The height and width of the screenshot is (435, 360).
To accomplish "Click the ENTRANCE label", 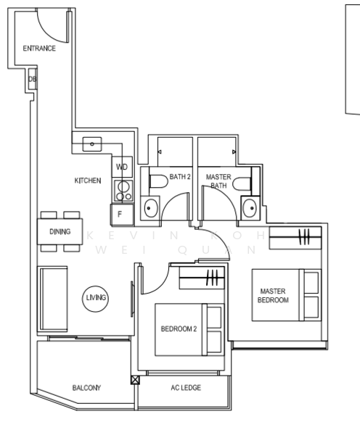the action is (39, 49).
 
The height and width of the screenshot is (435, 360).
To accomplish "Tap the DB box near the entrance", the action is (33, 79).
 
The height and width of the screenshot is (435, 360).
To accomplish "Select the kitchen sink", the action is (92, 144).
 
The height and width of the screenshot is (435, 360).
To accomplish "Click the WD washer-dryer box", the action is (122, 167).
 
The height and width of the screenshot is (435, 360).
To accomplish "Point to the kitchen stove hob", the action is (123, 191).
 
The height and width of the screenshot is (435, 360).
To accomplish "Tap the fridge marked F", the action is (122, 214).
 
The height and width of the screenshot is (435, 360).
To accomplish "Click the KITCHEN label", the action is (88, 181).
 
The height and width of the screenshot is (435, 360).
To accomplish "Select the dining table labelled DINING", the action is (60, 231).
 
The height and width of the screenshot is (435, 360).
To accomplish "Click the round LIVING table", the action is (96, 299).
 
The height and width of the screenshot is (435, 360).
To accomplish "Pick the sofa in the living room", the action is (52, 299).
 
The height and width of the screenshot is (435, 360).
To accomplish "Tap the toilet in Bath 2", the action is (159, 181).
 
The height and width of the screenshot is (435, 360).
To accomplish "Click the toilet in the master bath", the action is (242, 183).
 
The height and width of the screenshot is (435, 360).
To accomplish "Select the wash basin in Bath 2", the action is (150, 208).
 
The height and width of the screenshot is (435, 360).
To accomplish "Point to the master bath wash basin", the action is (250, 208).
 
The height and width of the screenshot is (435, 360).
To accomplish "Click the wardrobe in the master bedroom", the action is (295, 238).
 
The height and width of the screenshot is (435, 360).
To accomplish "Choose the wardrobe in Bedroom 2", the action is (202, 278).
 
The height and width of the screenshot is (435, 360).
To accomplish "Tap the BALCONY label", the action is (86, 388).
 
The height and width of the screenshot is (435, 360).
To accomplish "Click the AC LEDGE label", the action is (186, 388).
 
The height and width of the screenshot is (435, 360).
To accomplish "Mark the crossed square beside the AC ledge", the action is (135, 380).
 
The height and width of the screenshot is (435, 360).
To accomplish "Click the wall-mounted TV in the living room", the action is (133, 299).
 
